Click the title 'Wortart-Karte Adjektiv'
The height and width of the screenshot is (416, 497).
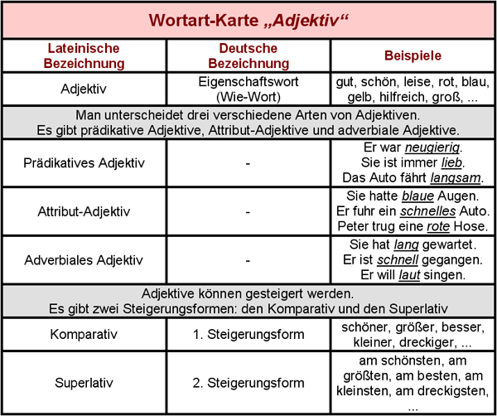[x=248, y=19]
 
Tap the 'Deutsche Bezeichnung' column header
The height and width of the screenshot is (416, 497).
[x=248, y=56]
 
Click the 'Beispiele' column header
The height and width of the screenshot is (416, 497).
[x=413, y=56]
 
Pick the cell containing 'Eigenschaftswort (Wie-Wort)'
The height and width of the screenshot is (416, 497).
[x=248, y=89]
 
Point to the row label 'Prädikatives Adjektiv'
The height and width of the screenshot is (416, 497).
[x=85, y=162]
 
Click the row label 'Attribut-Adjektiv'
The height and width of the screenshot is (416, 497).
[x=85, y=211]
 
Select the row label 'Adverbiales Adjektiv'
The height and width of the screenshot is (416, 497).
[x=85, y=260]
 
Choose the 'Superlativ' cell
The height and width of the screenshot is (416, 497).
[x=85, y=383]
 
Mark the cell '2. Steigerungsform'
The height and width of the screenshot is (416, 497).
[x=248, y=383]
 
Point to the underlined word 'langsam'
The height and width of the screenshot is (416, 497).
[x=454, y=178]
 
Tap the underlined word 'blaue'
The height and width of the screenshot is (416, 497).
[x=417, y=196]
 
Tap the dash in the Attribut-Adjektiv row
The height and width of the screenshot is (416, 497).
[x=248, y=211]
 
